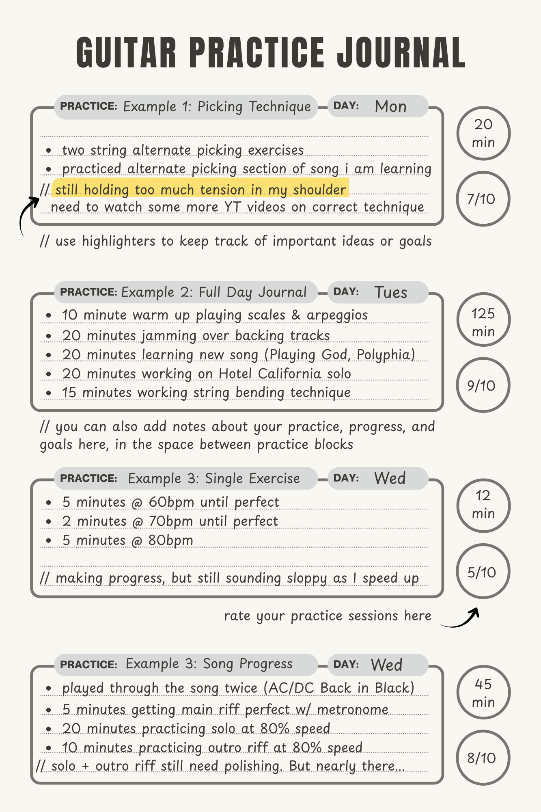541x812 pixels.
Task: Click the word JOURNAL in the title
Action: pyautogui.click(x=401, y=53)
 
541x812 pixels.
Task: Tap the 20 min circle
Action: pyautogui.click(x=483, y=133)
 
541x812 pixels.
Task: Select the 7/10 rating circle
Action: pyautogui.click(x=482, y=199)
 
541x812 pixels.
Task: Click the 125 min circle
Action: pyautogui.click(x=483, y=320)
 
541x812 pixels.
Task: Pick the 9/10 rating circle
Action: pyautogui.click(x=482, y=385)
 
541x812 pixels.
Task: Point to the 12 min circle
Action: pyautogui.click(x=483, y=505)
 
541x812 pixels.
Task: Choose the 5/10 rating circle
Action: pyautogui.click(x=482, y=572)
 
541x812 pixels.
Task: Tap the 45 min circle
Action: pyautogui.click(x=483, y=692)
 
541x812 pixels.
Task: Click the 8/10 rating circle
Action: pyautogui.click(x=482, y=758)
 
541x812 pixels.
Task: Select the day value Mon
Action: pyautogui.click(x=390, y=107)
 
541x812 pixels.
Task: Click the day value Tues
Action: pyautogui.click(x=390, y=293)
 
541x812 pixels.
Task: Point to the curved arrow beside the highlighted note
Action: pyautogui.click(x=28, y=213)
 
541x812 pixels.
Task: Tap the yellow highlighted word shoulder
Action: pyautogui.click(x=320, y=190)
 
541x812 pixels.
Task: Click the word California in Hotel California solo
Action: pyautogui.click(x=289, y=374)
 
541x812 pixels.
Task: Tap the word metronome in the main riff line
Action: pyautogui.click(x=353, y=710)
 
